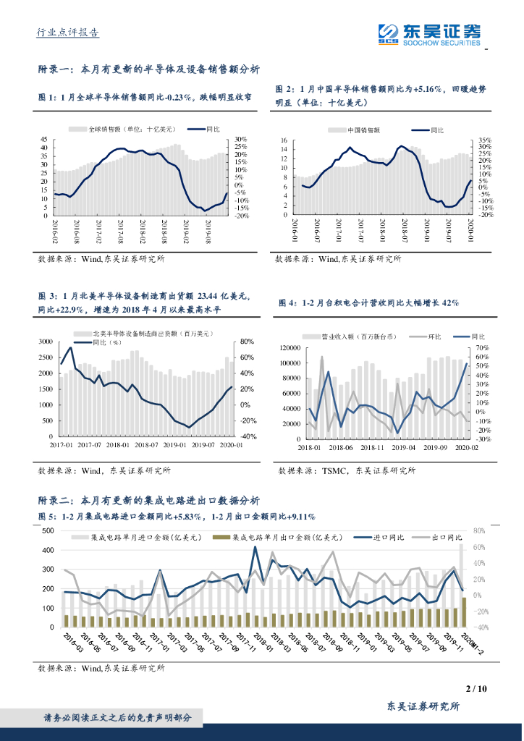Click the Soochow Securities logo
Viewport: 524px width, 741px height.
coord(429,34)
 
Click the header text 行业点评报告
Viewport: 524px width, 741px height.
coord(68,33)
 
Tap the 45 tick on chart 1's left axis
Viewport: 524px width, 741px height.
coord(44,140)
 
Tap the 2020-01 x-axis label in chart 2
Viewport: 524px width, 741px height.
coord(470,231)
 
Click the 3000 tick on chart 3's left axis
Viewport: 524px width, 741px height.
coord(46,342)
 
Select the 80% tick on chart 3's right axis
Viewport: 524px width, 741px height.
coord(248,342)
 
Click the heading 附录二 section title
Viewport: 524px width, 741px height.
coord(148,501)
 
